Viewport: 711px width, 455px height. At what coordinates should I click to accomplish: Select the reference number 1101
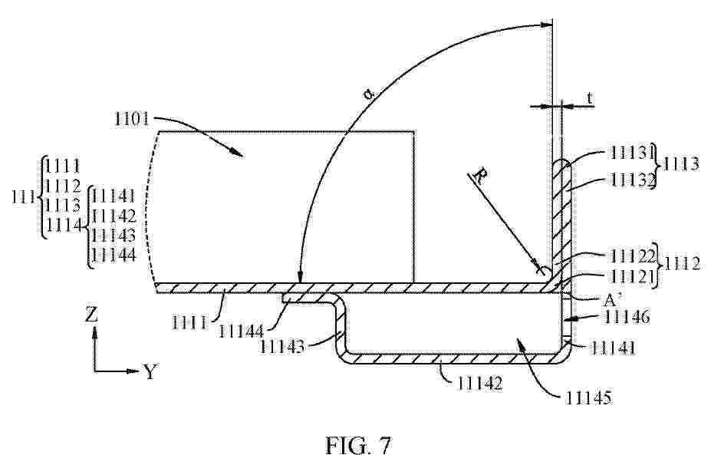pos(132,119)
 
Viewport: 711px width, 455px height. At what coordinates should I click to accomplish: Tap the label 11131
pos(630,153)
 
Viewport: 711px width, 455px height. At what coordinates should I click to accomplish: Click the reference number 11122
pos(634,256)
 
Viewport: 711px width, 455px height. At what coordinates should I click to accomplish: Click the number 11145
pos(588,398)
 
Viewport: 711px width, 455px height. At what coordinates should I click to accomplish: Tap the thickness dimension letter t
pos(590,97)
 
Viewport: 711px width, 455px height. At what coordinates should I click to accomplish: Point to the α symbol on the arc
pos(369,95)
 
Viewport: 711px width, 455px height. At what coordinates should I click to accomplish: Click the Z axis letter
pos(91,314)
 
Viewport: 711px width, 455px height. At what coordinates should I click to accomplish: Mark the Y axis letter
pos(150,372)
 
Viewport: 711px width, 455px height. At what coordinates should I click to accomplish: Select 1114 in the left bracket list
pos(64,225)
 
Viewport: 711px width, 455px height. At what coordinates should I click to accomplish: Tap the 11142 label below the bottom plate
pos(479,384)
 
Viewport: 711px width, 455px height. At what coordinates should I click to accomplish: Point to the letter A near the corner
pos(611,300)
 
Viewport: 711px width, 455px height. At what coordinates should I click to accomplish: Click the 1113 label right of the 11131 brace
pos(682,164)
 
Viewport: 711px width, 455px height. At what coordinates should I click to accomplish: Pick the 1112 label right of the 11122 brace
pos(683,264)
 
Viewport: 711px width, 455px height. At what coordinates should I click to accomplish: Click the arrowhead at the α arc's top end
pos(546,25)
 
